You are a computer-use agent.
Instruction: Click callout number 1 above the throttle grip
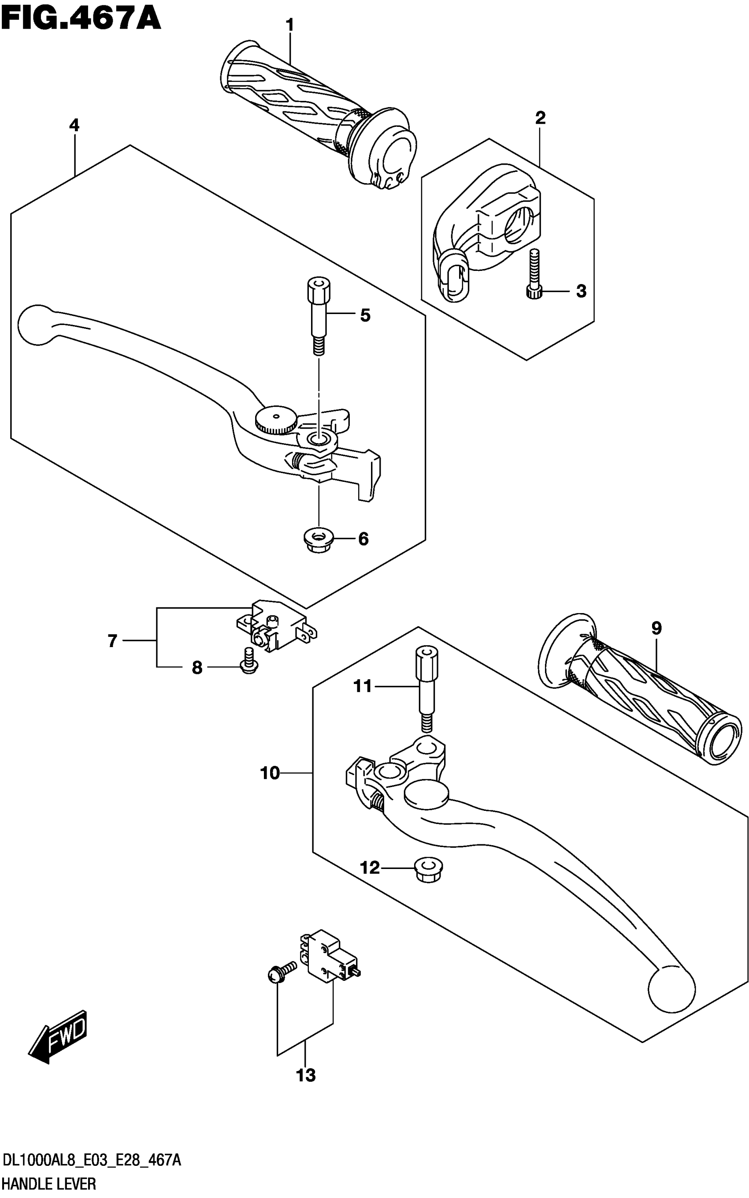(290, 25)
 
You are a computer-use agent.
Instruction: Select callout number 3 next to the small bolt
(581, 291)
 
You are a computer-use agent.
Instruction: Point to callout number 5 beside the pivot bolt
(365, 315)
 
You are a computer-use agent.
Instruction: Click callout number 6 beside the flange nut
(363, 539)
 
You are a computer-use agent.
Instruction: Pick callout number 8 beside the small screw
(197, 668)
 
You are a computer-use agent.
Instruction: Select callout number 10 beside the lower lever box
(270, 773)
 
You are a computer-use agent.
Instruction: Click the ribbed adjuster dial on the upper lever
(276, 420)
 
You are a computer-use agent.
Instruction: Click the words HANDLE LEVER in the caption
(49, 1183)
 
